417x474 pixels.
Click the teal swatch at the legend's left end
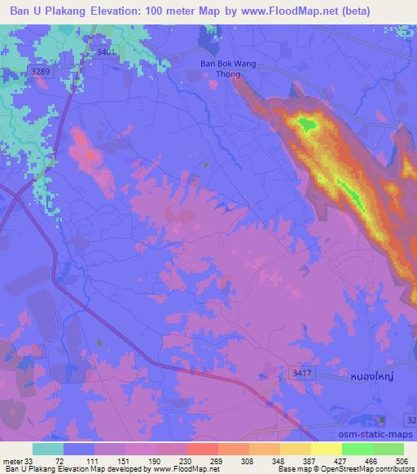(48, 449)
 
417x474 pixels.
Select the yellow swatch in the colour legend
(327, 449)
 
